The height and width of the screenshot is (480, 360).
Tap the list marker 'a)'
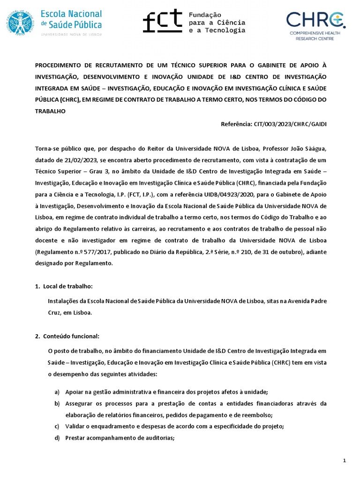point(57,392)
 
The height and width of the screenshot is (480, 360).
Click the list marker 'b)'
point(57,404)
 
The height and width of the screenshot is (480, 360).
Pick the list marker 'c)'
point(57,427)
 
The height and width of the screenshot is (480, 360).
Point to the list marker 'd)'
point(57,438)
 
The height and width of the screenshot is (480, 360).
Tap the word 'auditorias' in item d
point(158,438)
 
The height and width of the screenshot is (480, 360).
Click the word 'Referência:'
point(236,124)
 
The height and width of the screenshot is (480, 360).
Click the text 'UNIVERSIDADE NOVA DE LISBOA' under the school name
point(72,34)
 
